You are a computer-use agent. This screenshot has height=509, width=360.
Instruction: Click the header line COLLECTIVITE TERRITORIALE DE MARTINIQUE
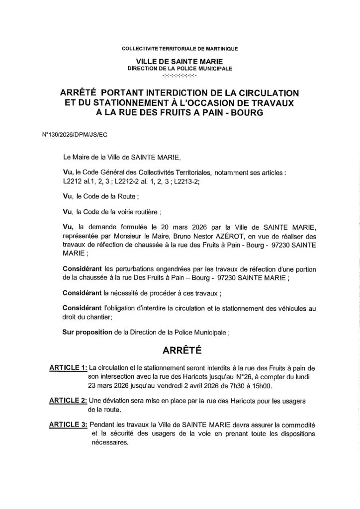point(180,49)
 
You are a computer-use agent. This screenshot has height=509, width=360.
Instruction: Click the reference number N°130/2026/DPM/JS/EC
point(68,135)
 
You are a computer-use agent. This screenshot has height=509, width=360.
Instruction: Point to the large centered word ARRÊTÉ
point(180,350)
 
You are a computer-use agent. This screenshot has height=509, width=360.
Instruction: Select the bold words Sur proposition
point(87,331)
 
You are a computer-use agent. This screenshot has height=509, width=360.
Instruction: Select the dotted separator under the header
point(180,76)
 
